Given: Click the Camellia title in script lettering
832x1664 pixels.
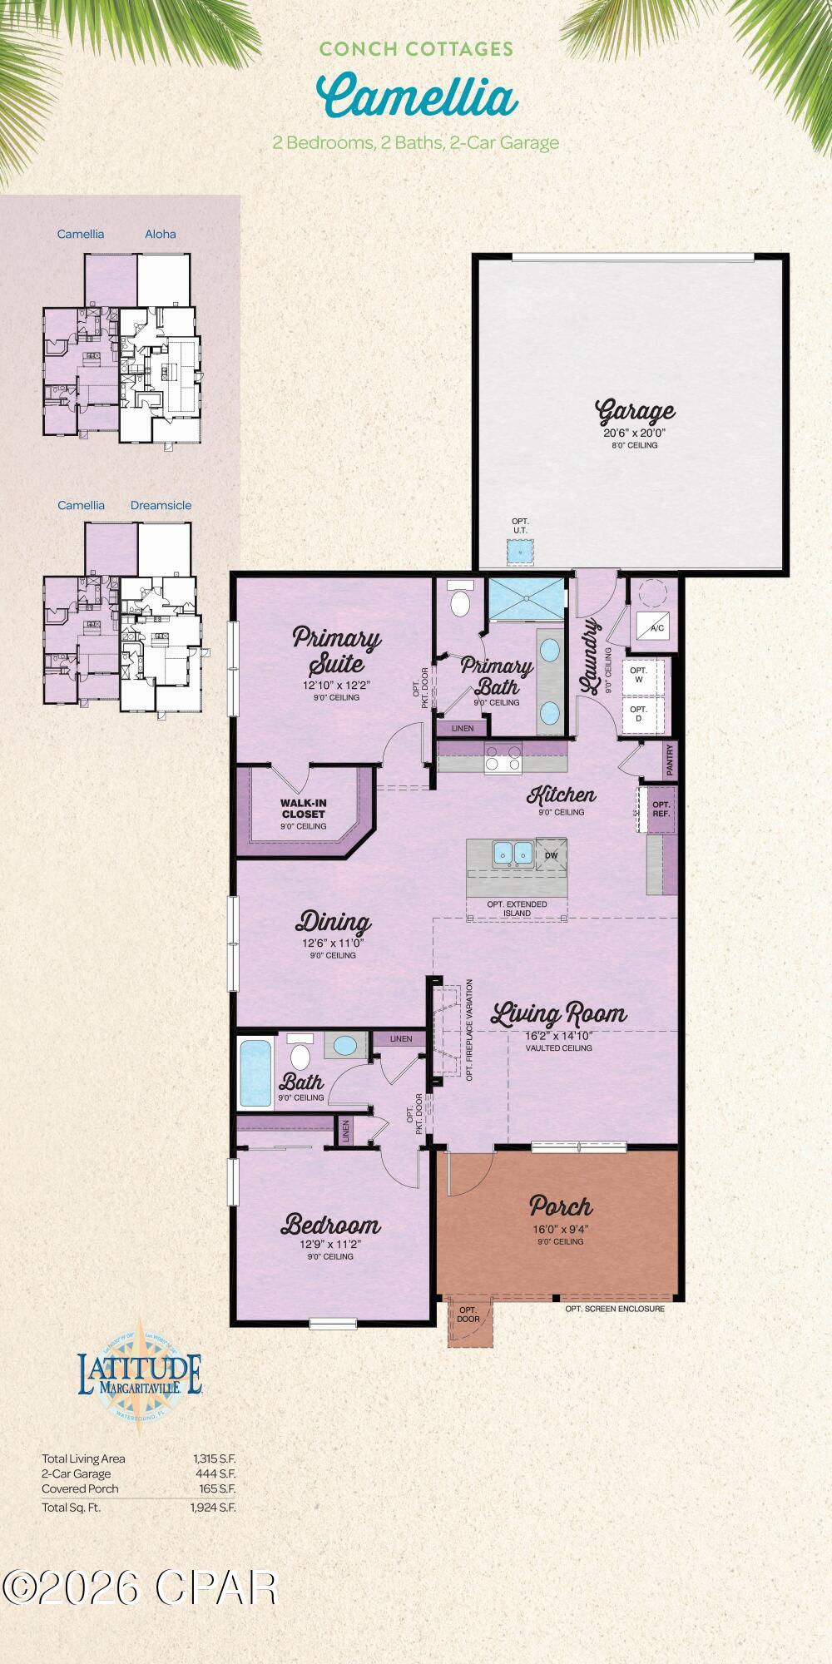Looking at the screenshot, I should click(x=416, y=96).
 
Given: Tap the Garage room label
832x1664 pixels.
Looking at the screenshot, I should click(x=635, y=412).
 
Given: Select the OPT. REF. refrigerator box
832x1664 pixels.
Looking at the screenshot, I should click(x=661, y=809).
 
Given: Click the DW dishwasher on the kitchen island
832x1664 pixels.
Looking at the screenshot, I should click(x=551, y=854).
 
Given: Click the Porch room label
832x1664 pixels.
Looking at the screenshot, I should click(x=561, y=1206).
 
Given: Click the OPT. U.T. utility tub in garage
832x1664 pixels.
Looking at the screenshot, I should click(x=521, y=550).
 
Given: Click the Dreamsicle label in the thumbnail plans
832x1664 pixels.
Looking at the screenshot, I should click(x=161, y=505).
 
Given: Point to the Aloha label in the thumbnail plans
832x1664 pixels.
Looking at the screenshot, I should click(x=161, y=234).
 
